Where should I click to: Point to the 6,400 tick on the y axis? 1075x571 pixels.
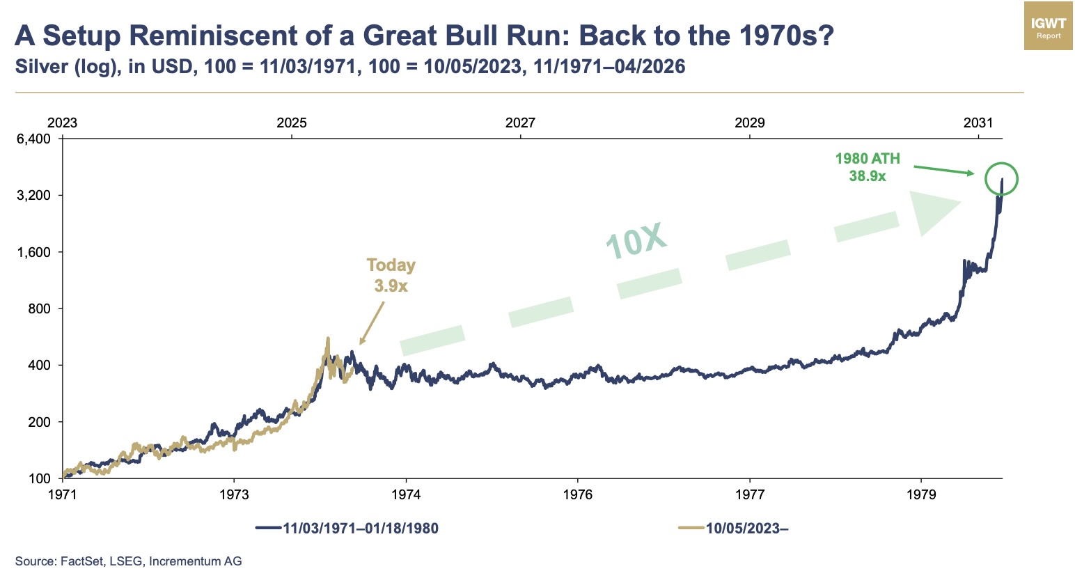pyautogui.click(x=34, y=139)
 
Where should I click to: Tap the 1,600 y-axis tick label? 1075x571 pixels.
pyautogui.click(x=34, y=252)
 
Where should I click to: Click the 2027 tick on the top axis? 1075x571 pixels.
pyautogui.click(x=520, y=123)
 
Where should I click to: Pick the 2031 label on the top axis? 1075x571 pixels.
pyautogui.click(x=978, y=123)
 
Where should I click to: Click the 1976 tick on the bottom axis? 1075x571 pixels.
pyautogui.click(x=577, y=494)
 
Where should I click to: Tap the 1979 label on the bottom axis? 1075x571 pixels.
pyautogui.click(x=921, y=494)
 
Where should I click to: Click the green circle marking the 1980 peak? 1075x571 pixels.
pyautogui.click(x=1001, y=179)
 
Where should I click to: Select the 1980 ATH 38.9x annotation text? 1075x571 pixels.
pyautogui.click(x=868, y=167)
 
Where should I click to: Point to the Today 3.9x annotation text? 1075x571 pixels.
pyautogui.click(x=391, y=275)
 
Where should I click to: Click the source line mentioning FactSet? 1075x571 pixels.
pyautogui.click(x=129, y=561)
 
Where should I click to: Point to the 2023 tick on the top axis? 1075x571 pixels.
pyautogui.click(x=62, y=123)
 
